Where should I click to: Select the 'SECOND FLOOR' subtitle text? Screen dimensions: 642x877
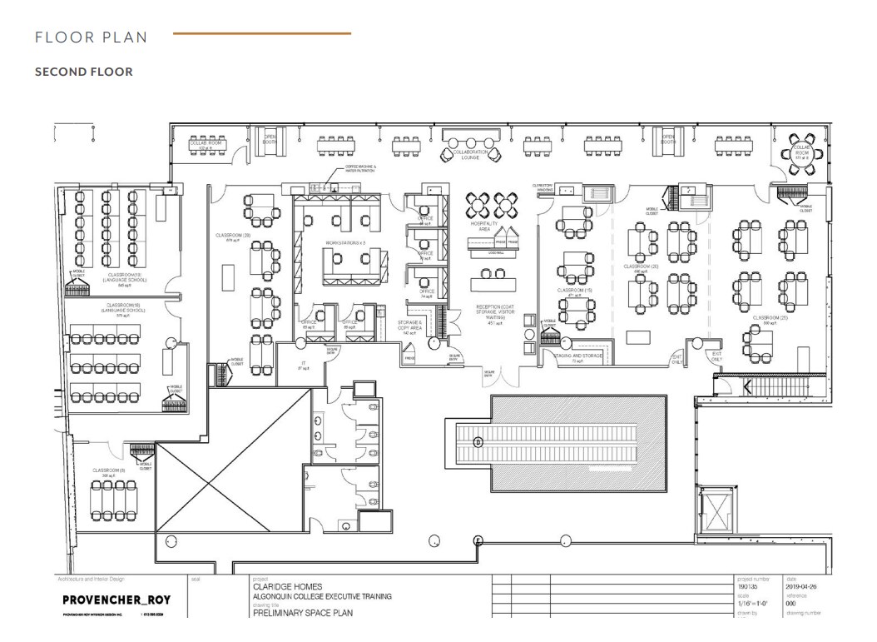(83, 72)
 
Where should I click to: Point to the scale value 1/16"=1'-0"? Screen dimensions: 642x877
(751, 605)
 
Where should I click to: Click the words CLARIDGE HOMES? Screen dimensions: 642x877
(288, 586)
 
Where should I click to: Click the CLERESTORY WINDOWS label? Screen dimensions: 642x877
(543, 187)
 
